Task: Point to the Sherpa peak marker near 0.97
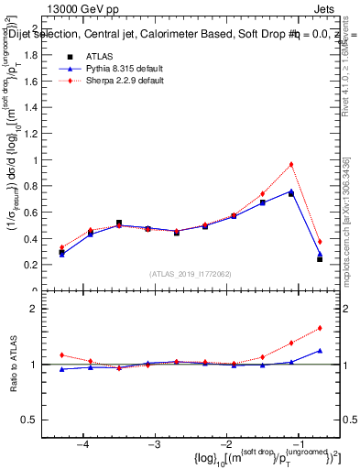[x=290, y=165]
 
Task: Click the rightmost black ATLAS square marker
[x=320, y=259]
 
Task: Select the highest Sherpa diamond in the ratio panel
[x=320, y=328]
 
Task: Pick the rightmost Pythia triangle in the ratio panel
[x=320, y=350]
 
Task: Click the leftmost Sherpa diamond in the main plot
[x=61, y=247]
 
